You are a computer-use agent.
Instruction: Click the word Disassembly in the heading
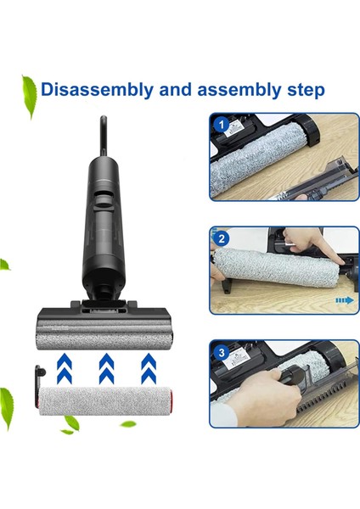pos(93,89)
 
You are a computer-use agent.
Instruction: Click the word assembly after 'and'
pos(233,89)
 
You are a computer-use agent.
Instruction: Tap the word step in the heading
pos(304,90)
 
